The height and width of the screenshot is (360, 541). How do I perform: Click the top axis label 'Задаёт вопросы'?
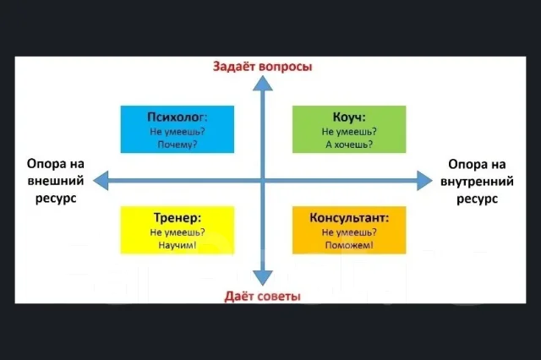pos(262,66)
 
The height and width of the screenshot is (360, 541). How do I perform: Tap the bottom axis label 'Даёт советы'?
pos(263,296)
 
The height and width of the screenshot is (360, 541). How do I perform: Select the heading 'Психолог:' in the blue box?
pos(178,117)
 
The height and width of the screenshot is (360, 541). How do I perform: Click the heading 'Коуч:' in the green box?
pos(349,117)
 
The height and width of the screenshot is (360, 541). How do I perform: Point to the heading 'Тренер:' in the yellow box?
pos(178,217)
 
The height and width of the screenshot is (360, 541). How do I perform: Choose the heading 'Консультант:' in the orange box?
pos(349,217)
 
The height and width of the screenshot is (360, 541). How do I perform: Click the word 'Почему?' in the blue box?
pos(178,145)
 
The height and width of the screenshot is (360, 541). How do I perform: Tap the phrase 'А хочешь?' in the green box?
pos(349,145)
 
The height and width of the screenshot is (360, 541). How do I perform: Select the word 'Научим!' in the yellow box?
pos(178,245)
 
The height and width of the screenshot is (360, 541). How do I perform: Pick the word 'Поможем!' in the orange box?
pos(349,245)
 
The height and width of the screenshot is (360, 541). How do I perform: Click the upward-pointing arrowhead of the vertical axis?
pos(263,83)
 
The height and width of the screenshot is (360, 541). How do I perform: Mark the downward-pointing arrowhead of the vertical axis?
pos(263,278)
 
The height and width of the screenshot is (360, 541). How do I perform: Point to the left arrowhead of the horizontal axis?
pos(101,180)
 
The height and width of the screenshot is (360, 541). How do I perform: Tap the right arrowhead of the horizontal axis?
pos(424,180)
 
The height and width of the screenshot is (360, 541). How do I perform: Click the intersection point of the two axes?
pos(263,180)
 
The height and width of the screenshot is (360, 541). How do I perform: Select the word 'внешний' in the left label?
pos(56,181)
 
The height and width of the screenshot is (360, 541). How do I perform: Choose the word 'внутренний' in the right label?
pos(477,182)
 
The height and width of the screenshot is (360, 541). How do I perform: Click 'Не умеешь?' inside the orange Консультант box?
pos(349,232)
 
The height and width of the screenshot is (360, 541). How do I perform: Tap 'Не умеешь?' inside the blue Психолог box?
pos(178,131)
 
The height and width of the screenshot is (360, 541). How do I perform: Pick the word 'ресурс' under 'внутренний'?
pos(477,199)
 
